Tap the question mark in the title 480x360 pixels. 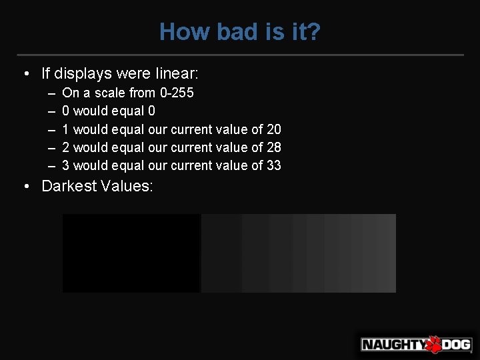[314, 31]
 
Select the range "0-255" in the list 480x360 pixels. [176, 93]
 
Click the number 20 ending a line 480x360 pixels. [273, 129]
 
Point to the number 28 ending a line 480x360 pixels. [273, 147]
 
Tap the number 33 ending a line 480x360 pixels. [273, 165]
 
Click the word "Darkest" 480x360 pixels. [69, 186]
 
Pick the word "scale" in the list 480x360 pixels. [109, 93]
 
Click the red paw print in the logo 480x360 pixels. [434, 344]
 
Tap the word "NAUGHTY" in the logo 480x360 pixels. [393, 345]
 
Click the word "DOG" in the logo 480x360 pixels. [457, 345]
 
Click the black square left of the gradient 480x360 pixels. [131, 253]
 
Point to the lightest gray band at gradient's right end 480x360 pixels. [385, 253]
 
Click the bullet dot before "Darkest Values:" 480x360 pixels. [25, 187]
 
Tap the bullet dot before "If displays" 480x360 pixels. [25, 73]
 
